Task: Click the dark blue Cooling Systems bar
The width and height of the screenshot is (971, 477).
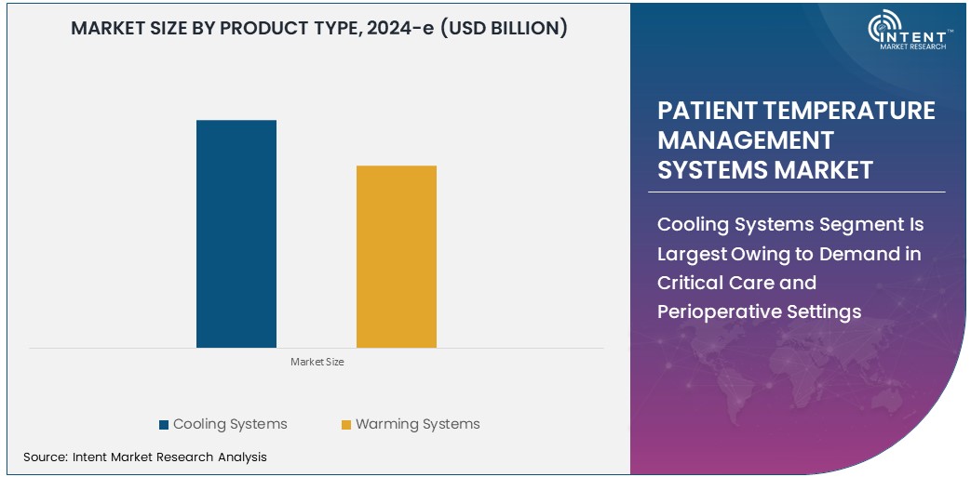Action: pos(236,233)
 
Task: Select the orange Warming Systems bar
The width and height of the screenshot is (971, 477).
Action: pos(396,257)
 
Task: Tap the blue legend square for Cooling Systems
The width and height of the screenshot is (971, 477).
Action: pos(164,425)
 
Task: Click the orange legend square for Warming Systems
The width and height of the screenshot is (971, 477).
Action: pos(346,425)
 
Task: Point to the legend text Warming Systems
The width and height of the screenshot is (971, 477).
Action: pos(418,424)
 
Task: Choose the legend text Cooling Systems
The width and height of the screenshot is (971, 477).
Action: pos(230,424)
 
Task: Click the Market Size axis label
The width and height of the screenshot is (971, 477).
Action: pos(317,362)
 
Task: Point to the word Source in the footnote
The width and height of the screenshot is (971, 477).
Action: pos(43,457)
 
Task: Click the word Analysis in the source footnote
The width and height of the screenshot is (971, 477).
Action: pos(242,457)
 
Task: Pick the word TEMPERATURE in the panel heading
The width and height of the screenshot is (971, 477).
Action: pos(848,111)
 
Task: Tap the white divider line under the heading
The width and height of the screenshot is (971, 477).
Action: pos(797,192)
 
